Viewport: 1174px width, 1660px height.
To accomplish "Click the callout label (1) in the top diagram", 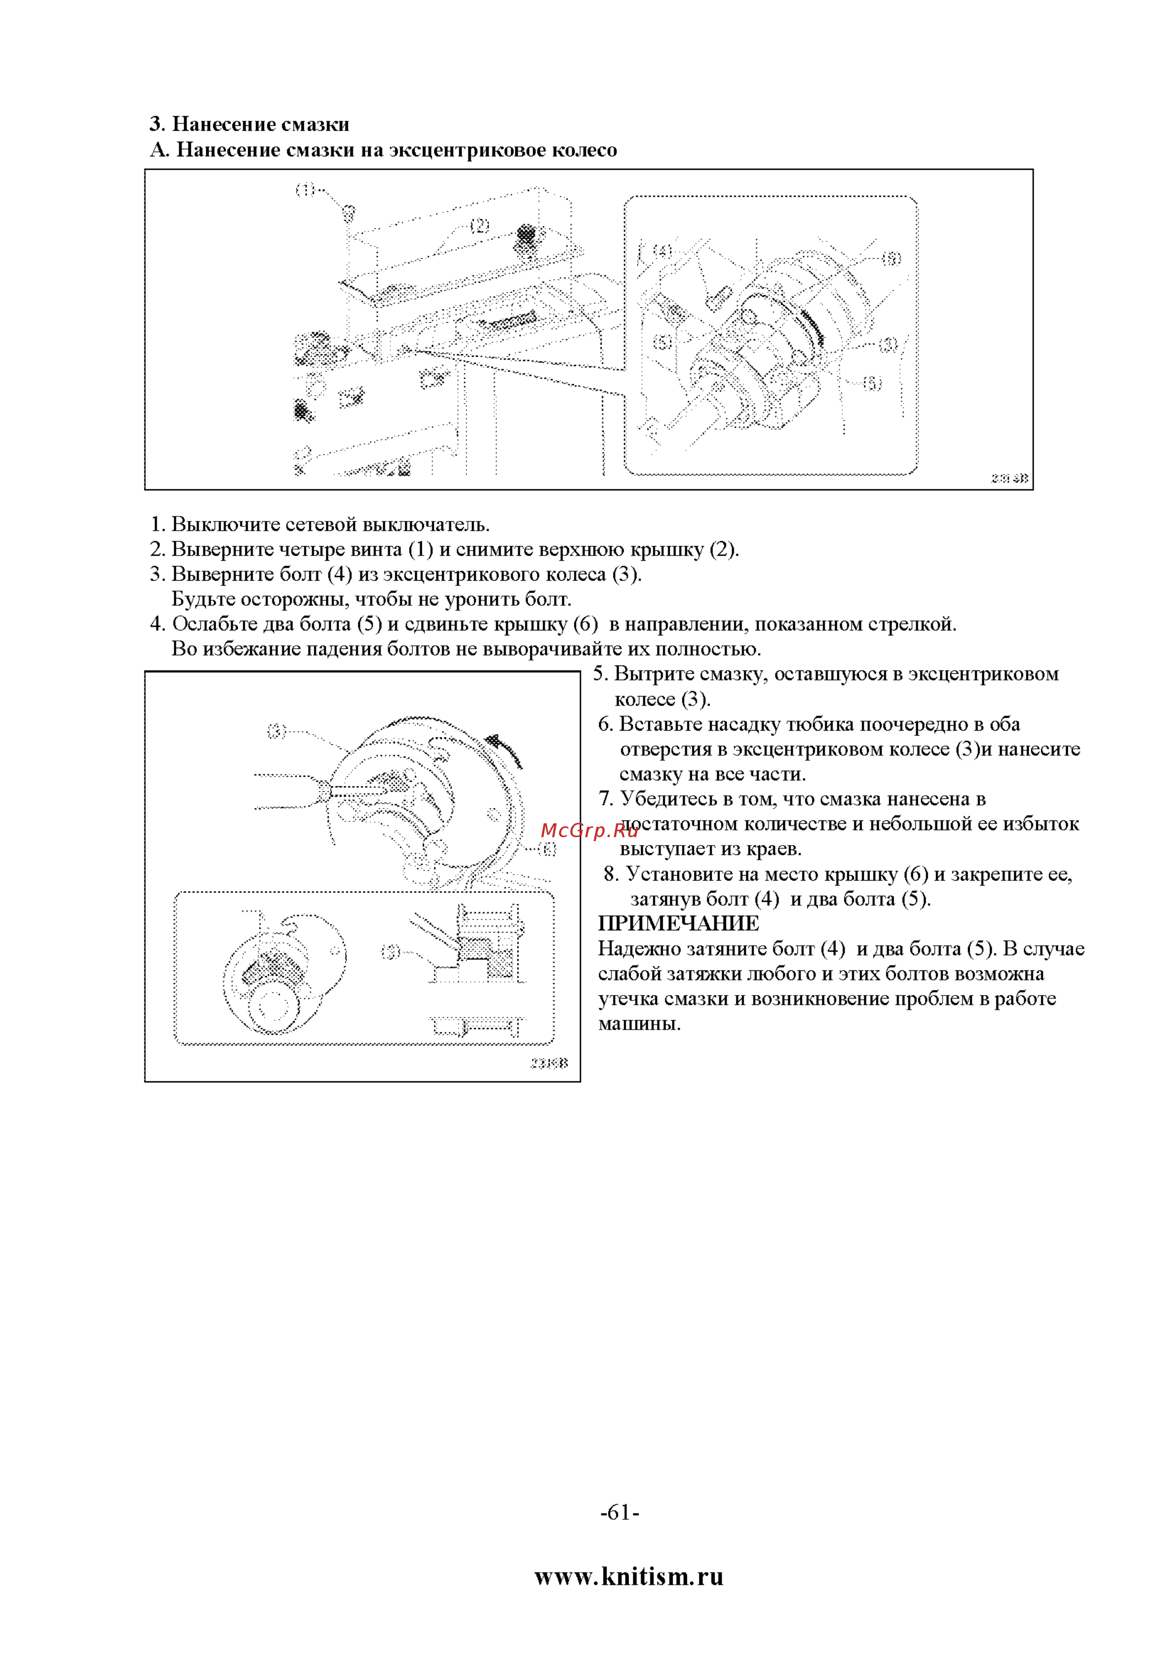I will click(x=305, y=189).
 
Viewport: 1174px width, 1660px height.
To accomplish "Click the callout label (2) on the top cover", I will click(x=480, y=225).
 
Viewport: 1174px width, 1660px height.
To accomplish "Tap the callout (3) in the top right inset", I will click(x=889, y=344).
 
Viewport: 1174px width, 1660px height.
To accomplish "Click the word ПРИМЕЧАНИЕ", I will click(x=679, y=923).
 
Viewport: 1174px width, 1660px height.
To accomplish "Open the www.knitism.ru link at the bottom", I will click(x=629, y=1576).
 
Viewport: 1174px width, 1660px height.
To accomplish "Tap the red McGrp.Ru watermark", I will click(x=590, y=831).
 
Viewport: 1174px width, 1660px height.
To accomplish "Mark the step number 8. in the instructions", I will click(x=611, y=874).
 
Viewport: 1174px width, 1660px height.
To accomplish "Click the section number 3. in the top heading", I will click(x=158, y=124).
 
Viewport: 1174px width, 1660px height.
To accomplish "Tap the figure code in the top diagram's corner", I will click(x=1009, y=479).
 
